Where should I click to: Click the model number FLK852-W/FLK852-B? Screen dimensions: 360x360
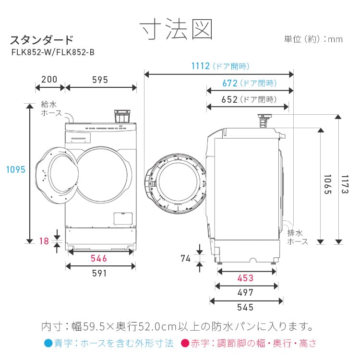click(x=52, y=53)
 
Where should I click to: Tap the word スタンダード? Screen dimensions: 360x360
click(x=42, y=39)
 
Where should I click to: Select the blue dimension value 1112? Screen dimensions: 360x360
click(x=201, y=66)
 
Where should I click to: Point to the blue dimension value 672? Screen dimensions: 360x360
click(x=230, y=83)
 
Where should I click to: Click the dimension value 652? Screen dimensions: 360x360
click(x=230, y=99)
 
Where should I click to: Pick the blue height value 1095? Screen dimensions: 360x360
click(x=15, y=169)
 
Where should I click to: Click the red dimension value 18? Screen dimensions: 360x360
click(x=44, y=241)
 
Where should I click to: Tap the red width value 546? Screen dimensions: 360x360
click(x=99, y=259)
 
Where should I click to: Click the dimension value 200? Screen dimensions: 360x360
click(x=49, y=80)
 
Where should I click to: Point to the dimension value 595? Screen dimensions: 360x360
click(x=100, y=80)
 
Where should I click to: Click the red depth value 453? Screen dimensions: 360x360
click(x=245, y=278)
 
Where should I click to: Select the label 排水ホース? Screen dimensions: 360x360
click(x=298, y=238)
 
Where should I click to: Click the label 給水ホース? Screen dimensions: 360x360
click(x=51, y=108)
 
